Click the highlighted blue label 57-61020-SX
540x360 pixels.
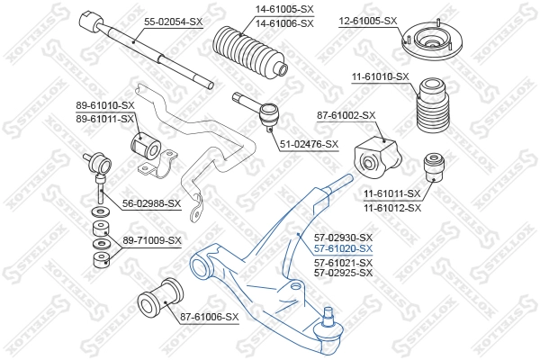pyautogui.click(x=342, y=248)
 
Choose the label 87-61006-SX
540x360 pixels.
pyautogui.click(x=209, y=317)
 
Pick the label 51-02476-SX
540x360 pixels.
pyautogui.click(x=308, y=144)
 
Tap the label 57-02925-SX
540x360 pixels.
pyautogui.click(x=342, y=274)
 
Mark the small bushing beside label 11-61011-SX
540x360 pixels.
pyautogui.click(x=435, y=167)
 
